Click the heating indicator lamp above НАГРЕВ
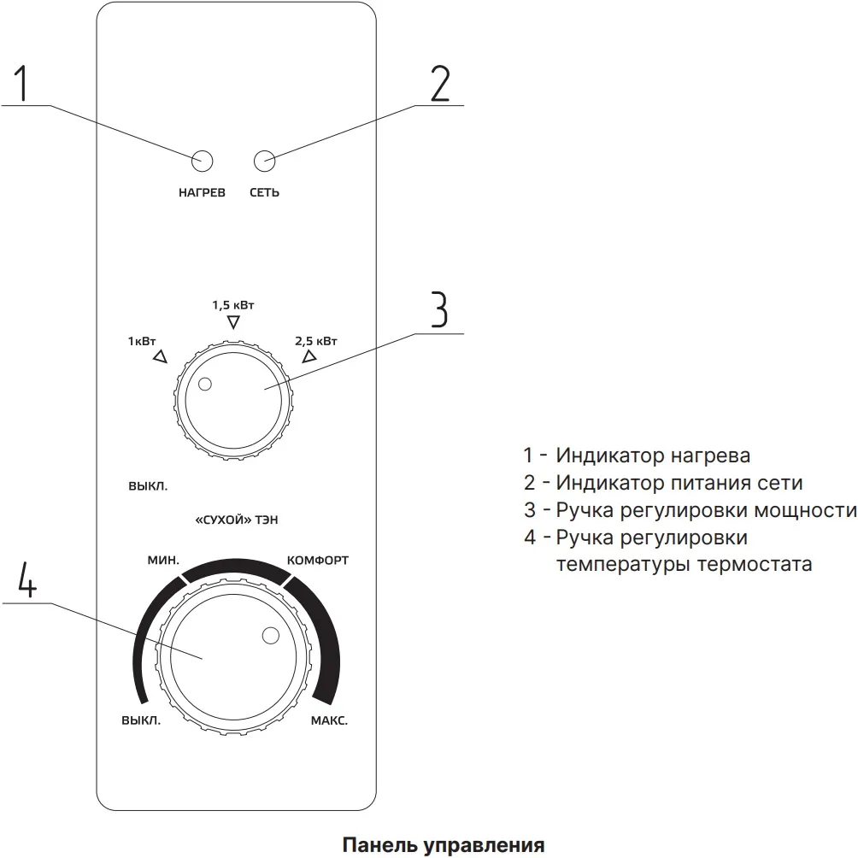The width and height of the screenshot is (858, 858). tap(203, 160)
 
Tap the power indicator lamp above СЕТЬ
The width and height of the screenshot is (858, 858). tap(265, 160)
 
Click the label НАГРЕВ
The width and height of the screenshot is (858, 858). tap(202, 193)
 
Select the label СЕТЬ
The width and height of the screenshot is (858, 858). tap(264, 193)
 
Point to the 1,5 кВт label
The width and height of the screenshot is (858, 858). tap(233, 304)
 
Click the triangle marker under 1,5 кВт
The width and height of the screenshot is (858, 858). tap(233, 322)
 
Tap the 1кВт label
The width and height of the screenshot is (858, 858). tap(143, 341)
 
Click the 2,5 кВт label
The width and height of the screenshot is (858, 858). tap(316, 341)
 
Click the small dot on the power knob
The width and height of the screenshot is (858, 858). tap(203, 385)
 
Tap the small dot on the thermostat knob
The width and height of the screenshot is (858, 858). tap(271, 636)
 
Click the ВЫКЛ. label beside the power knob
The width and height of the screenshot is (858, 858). tap(147, 486)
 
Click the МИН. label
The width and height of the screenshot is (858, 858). tap(162, 561)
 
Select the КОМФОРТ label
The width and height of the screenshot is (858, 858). tap(317, 561)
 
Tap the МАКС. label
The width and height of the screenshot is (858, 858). tap(328, 720)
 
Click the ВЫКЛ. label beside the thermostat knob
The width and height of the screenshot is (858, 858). tap(141, 720)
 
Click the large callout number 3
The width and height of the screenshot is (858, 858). tap(438, 310)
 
